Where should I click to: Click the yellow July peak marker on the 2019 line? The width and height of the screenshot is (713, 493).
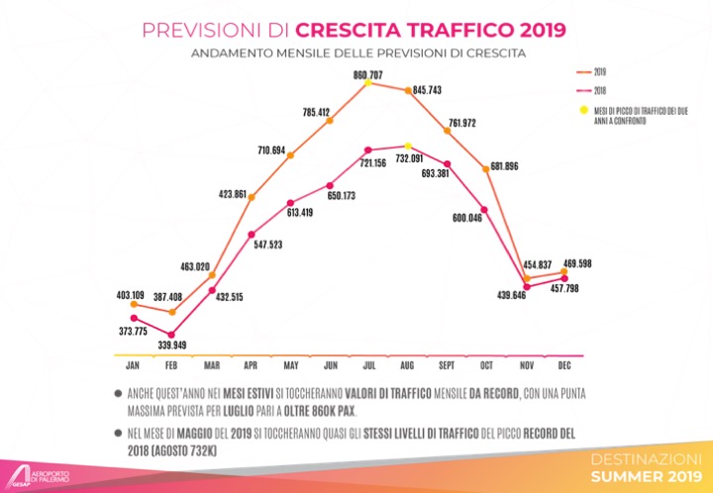coord(368,84)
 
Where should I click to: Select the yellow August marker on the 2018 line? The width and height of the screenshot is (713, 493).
coord(408,146)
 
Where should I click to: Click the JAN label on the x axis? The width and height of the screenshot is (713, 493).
coord(132,365)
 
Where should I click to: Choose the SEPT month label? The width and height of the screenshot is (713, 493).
coord(447,365)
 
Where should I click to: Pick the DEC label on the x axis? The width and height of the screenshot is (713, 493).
coord(563,365)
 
